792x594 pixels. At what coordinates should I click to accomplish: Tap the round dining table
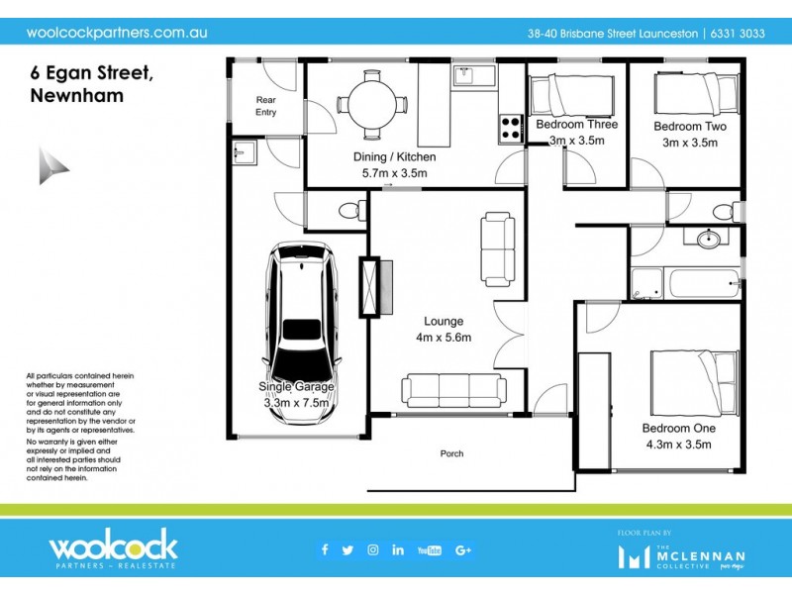tap(370, 103)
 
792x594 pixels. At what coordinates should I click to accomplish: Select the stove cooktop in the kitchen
tap(511, 128)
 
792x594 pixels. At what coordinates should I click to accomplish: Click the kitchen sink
tap(466, 74)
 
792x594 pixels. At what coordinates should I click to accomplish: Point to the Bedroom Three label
tap(576, 125)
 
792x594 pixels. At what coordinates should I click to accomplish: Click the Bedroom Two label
tap(689, 127)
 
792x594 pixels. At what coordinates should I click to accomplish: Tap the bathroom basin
tap(708, 240)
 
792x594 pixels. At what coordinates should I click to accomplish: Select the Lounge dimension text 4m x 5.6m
tap(444, 338)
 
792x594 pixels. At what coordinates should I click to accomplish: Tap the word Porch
tap(451, 454)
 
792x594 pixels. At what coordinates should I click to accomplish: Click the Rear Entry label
tap(265, 106)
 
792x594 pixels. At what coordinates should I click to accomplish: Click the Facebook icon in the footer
tap(324, 550)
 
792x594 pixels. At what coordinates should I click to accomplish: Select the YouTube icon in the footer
tap(430, 550)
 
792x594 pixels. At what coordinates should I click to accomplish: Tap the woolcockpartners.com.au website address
tap(117, 32)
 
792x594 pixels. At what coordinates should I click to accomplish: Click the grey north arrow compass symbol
tap(53, 165)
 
